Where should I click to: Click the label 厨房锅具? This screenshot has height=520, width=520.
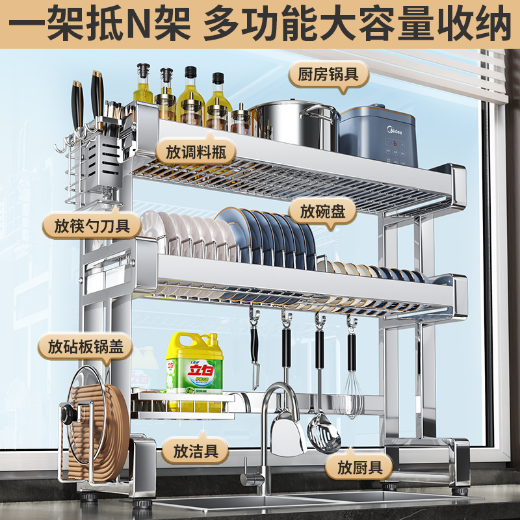click(x=328, y=73)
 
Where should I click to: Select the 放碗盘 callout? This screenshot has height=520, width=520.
click(x=328, y=211)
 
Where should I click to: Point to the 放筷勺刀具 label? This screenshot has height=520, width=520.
click(x=83, y=227)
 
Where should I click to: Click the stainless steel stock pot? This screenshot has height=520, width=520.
click(x=295, y=123)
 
